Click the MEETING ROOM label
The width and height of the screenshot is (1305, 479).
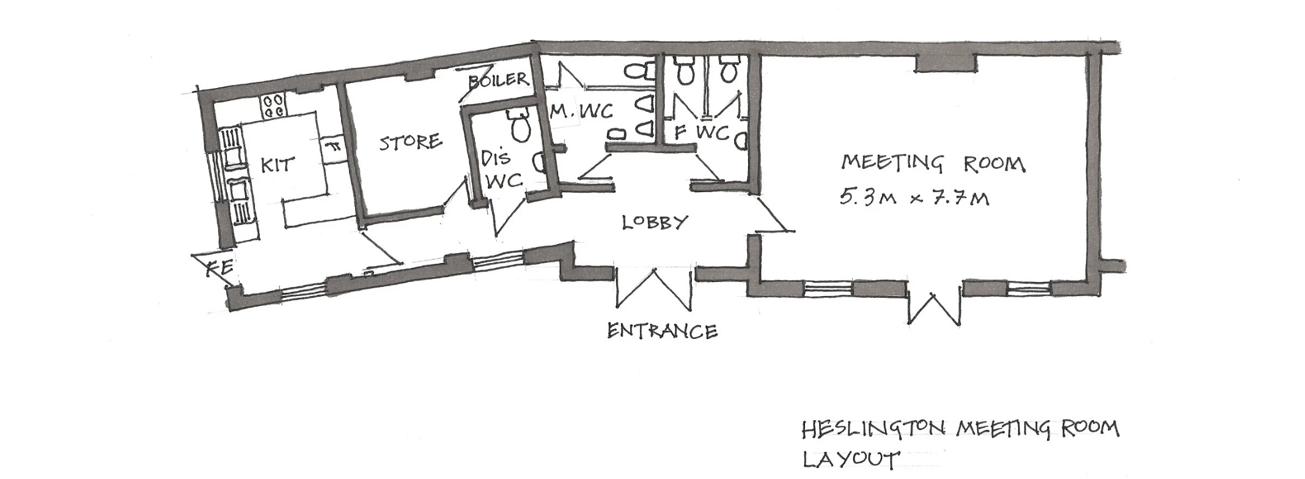click(x=933, y=164)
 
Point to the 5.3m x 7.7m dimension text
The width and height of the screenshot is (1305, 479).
click(x=914, y=198)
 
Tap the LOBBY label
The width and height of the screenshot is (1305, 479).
click(x=655, y=221)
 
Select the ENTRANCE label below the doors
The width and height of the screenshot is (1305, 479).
click(x=662, y=331)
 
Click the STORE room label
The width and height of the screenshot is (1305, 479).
click(x=411, y=143)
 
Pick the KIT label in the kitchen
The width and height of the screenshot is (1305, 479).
click(x=278, y=165)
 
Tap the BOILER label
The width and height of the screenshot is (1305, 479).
click(x=498, y=80)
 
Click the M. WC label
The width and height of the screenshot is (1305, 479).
click(x=581, y=112)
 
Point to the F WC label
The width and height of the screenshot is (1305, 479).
click(x=702, y=132)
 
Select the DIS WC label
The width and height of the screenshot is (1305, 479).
click(x=501, y=169)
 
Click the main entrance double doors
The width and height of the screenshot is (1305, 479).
click(x=655, y=288)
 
